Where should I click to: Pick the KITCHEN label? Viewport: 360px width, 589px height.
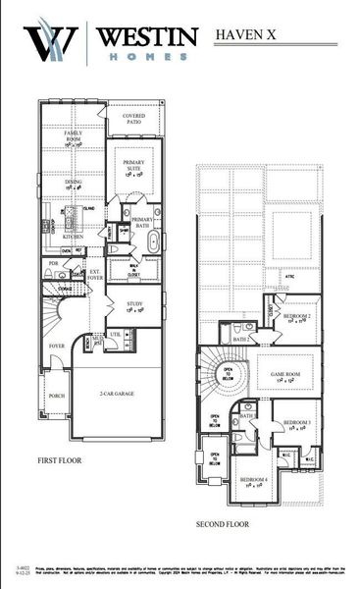coord(74,237)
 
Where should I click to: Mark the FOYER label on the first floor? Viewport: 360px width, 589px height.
coord(57,346)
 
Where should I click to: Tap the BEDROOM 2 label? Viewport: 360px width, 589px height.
coord(297,317)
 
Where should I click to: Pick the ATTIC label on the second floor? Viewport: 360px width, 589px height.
coord(289,277)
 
